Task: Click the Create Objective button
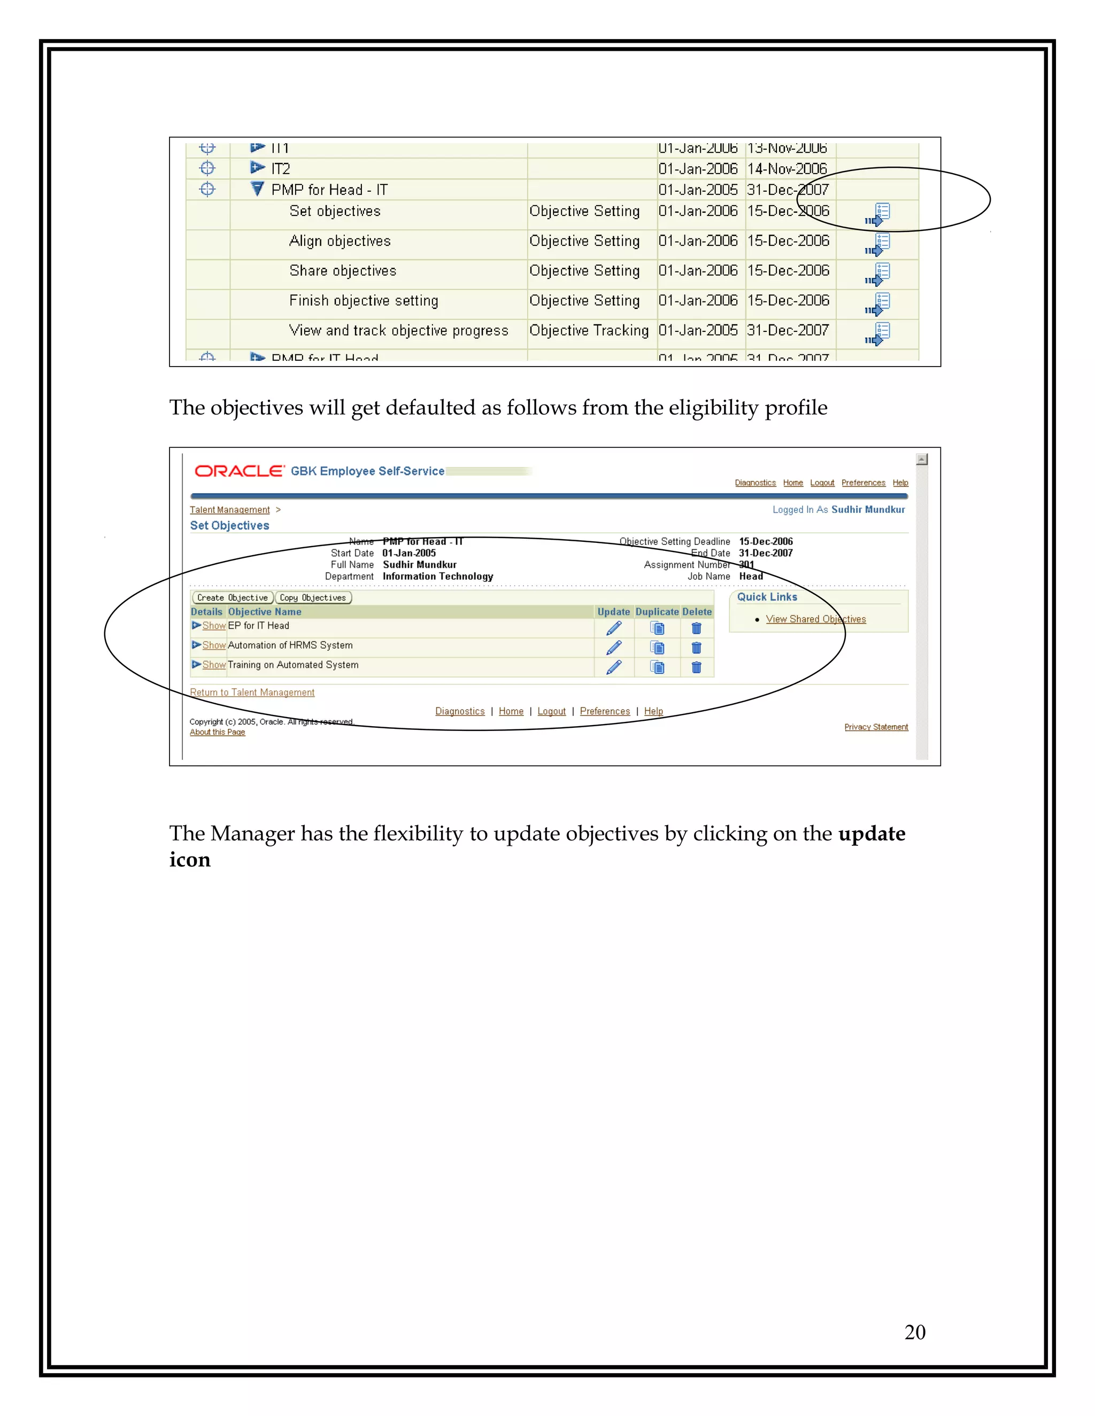click(x=232, y=598)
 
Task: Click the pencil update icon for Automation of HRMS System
click(x=614, y=648)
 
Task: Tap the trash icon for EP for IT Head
click(x=696, y=628)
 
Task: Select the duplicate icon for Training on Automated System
click(x=657, y=667)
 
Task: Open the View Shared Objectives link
click(x=815, y=619)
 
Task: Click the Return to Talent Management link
click(x=252, y=693)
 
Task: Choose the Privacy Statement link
click(x=876, y=727)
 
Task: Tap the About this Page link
click(x=217, y=732)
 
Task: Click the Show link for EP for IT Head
click(x=213, y=626)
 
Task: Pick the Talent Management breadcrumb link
click(x=229, y=510)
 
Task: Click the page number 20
click(x=915, y=1332)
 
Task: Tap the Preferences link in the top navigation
click(x=863, y=483)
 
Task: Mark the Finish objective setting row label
click(x=363, y=301)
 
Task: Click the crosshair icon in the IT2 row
click(x=207, y=168)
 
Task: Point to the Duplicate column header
click(x=657, y=611)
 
